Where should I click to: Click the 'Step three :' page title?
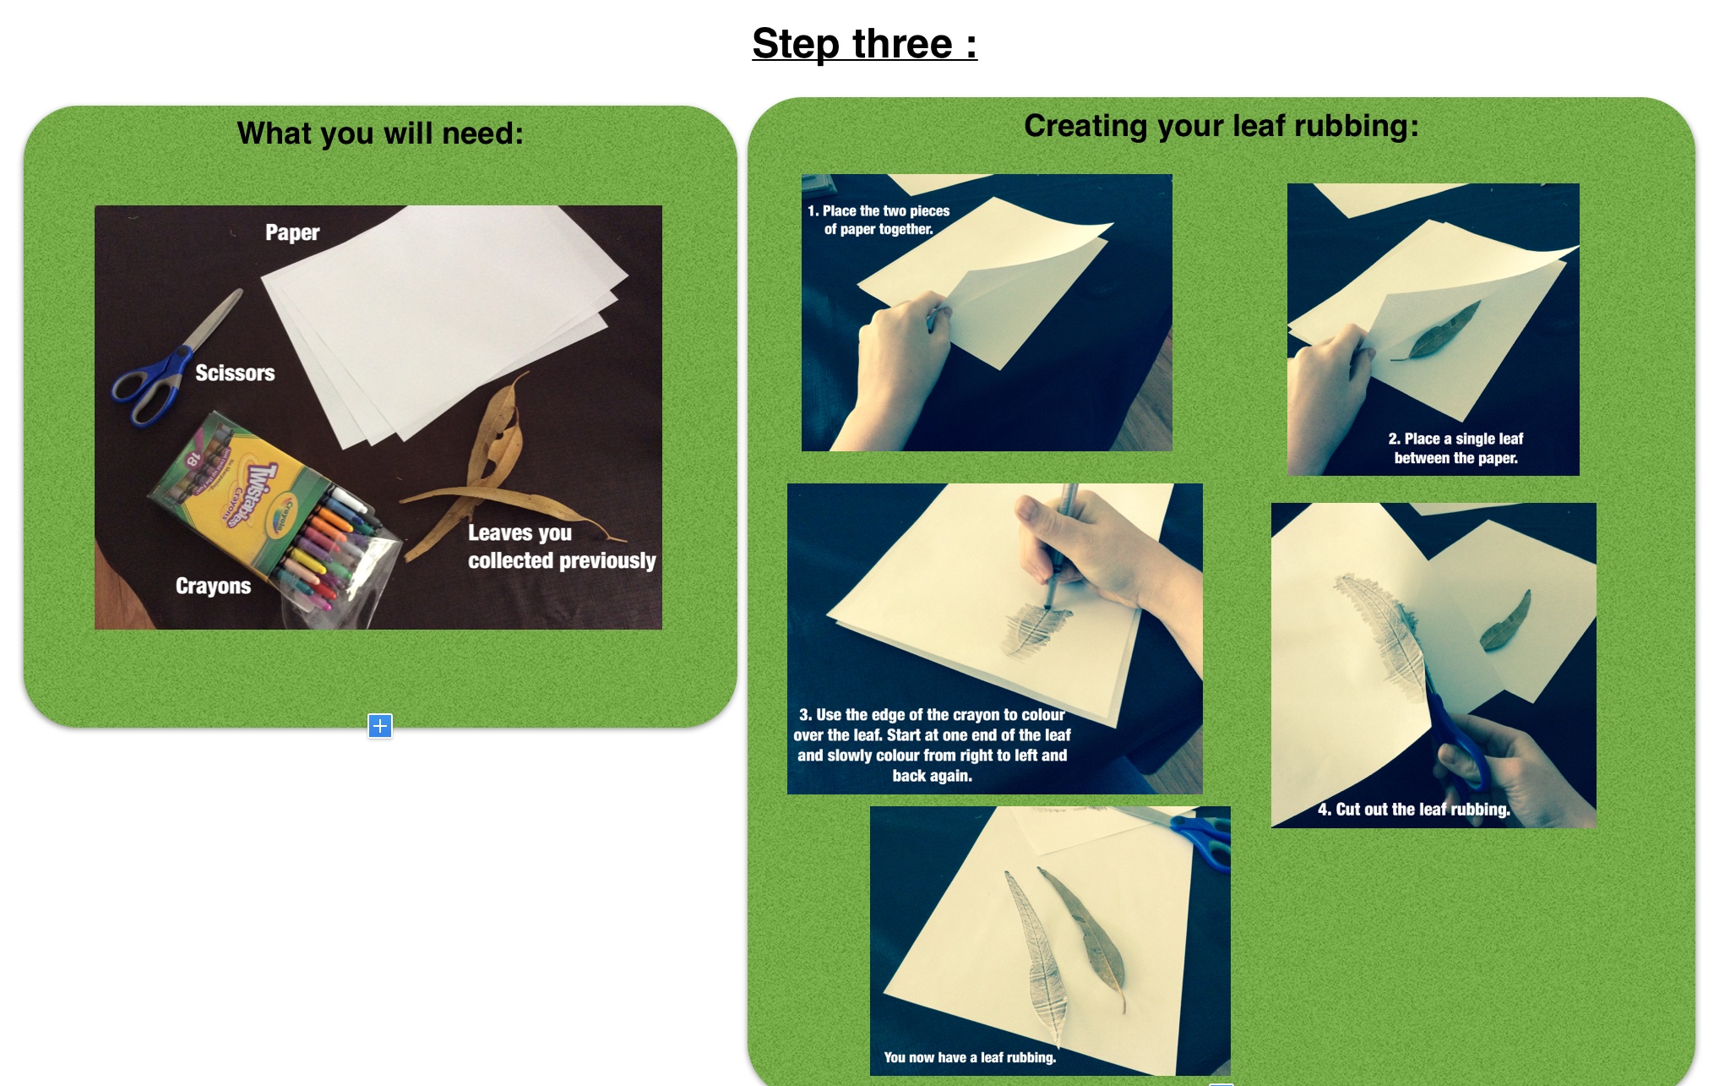point(864,43)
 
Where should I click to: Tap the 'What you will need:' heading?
point(380,134)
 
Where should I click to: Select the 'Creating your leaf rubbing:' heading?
point(1221,125)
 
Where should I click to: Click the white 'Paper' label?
point(292,232)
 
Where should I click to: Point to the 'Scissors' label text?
point(235,373)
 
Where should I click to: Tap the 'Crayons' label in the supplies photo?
point(213,586)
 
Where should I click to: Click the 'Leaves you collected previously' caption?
point(562,547)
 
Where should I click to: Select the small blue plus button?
point(380,725)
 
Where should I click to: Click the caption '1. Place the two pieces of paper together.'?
point(879,220)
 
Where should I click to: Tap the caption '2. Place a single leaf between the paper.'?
point(1455,448)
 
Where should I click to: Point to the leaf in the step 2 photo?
point(1437,331)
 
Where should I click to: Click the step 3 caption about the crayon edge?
point(932,745)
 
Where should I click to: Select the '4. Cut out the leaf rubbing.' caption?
point(1413,809)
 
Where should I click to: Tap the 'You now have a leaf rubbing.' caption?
point(970,1057)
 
